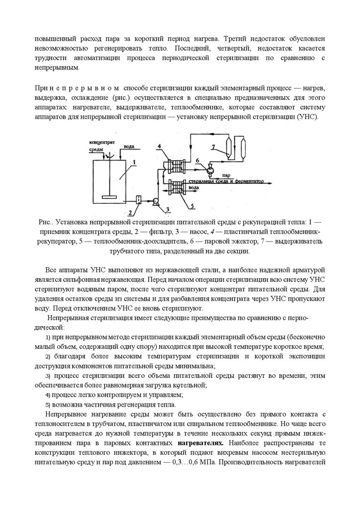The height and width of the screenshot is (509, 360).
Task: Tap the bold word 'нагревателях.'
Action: click(199, 442)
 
